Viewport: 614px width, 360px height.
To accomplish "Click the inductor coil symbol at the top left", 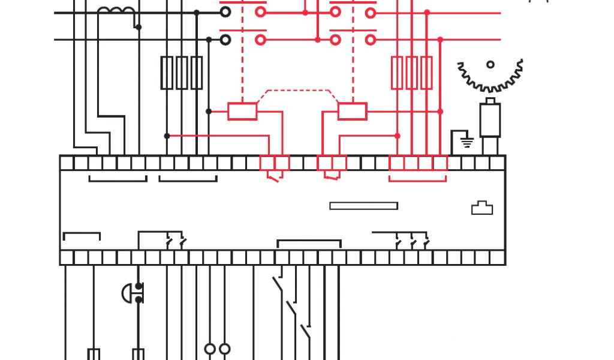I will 116,12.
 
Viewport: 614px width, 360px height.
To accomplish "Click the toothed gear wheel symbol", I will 490,76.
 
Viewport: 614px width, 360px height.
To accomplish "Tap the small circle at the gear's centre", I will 490,64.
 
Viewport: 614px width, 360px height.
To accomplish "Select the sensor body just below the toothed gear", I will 490,120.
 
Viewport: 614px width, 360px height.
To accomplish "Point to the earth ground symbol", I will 466,143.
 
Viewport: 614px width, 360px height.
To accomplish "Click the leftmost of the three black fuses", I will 167,73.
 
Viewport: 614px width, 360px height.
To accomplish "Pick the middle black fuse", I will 182,73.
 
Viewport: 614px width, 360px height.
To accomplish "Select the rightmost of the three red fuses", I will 426,73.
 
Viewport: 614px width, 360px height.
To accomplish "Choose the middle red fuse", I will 412,73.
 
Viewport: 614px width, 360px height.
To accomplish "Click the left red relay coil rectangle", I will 242,112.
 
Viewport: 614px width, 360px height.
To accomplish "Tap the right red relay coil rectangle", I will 352,112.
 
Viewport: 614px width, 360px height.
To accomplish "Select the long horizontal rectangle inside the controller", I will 363,206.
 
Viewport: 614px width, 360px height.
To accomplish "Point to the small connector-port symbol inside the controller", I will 482,208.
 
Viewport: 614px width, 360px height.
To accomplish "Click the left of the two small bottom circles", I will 210,349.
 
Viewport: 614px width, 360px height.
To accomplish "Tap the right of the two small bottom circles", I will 224,349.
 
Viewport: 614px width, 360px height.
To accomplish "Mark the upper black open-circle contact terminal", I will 225,12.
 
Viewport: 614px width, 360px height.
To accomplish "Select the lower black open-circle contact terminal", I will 225,40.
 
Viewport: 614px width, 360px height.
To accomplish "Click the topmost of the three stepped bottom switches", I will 278,284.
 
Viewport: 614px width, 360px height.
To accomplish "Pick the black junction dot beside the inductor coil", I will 139,27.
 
